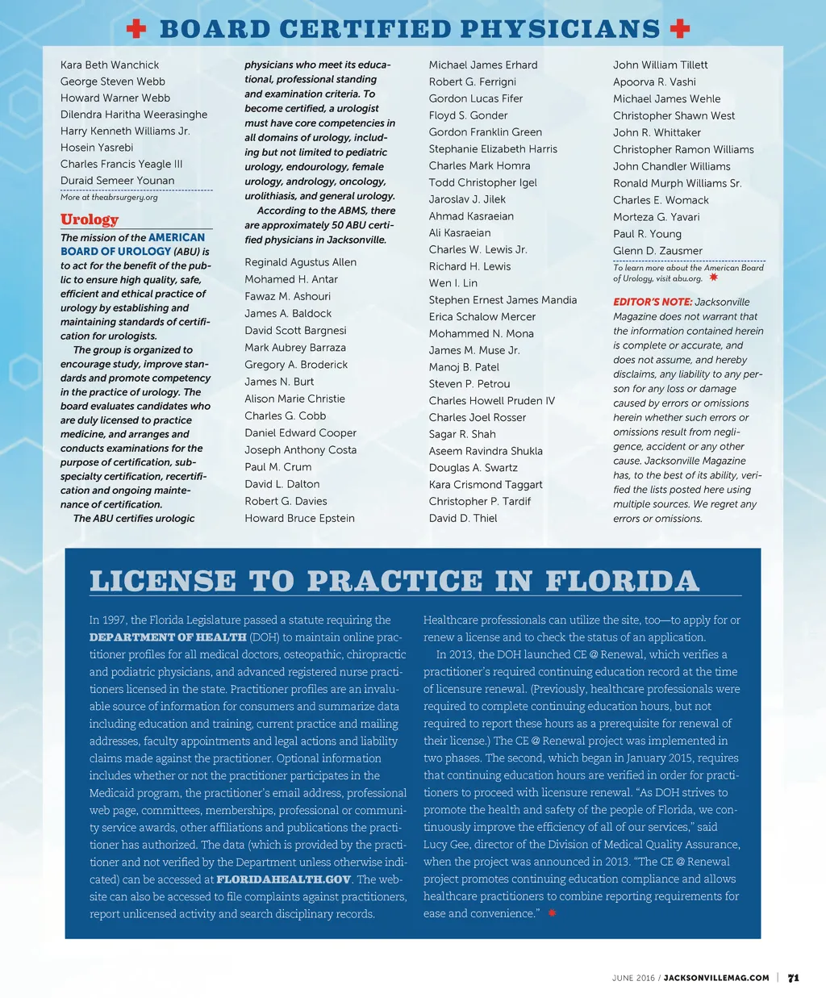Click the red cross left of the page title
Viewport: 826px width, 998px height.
click(136, 29)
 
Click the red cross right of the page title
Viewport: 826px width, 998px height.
click(680, 29)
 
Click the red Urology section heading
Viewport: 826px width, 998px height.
click(90, 219)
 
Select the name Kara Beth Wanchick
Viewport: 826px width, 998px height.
click(110, 65)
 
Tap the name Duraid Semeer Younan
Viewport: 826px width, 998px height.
click(117, 180)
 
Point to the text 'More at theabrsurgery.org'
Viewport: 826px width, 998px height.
click(109, 197)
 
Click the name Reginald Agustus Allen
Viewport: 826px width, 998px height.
click(300, 262)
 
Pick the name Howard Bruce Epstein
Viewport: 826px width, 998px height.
click(299, 518)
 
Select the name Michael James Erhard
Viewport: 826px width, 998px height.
click(483, 65)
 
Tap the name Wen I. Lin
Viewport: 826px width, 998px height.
click(453, 283)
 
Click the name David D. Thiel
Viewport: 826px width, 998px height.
click(463, 518)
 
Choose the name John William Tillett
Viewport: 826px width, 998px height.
click(661, 65)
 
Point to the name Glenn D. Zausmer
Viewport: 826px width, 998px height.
click(657, 250)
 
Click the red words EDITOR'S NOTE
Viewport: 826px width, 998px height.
click(653, 302)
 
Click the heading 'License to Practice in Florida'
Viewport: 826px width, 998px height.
click(394, 581)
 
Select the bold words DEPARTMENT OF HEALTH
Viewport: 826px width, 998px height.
click(168, 637)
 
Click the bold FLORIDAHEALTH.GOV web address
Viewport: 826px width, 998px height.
click(284, 879)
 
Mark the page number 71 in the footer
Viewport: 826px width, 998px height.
click(794, 978)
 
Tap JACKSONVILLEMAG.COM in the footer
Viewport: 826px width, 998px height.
click(716, 978)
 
